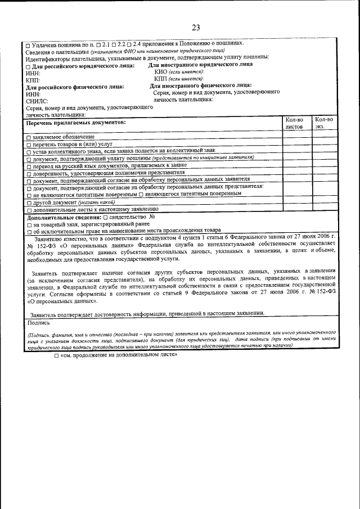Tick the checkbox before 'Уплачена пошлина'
click(29, 44)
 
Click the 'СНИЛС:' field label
click(37, 101)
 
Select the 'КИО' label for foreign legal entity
click(161, 72)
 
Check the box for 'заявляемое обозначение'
click(29, 137)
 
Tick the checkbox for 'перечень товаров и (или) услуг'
click(29, 145)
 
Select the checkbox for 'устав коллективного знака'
click(29, 151)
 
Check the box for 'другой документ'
click(29, 201)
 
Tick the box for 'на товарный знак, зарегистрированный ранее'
click(29, 224)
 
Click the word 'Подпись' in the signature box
click(38, 323)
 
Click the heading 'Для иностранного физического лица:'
click(200, 85)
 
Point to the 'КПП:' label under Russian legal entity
click(33, 80)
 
